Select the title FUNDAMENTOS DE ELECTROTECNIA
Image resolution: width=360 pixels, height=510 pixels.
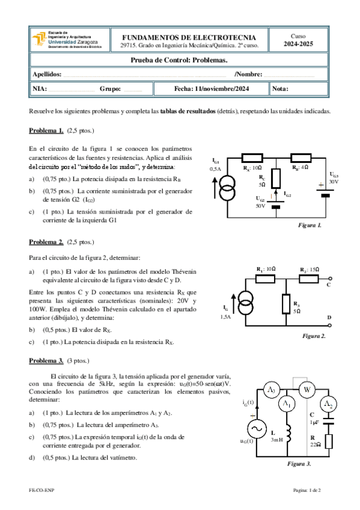[189, 37]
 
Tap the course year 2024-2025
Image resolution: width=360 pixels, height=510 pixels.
[298, 45]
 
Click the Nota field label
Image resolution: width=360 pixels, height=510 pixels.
[280, 88]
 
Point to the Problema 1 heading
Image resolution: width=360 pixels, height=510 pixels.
[46, 131]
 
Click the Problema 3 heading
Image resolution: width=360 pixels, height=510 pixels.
[46, 361]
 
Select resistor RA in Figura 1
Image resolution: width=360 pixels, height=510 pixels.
[252, 158]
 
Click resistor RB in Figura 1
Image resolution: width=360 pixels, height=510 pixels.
[301, 158]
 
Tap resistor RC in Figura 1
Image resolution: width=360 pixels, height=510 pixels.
[276, 178]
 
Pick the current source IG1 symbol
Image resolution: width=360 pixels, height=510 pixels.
[227, 188]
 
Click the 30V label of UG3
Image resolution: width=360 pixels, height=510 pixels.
[334, 182]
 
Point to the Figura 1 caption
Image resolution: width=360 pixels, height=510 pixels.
[310, 225]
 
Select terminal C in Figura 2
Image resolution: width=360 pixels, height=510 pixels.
[330, 278]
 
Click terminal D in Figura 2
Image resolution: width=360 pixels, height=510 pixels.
[329, 325]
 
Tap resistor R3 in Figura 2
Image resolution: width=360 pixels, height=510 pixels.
[286, 304]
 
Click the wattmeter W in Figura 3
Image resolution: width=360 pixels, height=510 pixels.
[307, 389]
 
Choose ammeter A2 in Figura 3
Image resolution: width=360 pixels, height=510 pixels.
[329, 404]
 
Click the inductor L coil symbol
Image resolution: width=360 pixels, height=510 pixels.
[288, 434]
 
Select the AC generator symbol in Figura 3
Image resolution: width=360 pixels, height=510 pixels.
[257, 429]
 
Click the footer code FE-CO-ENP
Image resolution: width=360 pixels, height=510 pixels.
[41, 490]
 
